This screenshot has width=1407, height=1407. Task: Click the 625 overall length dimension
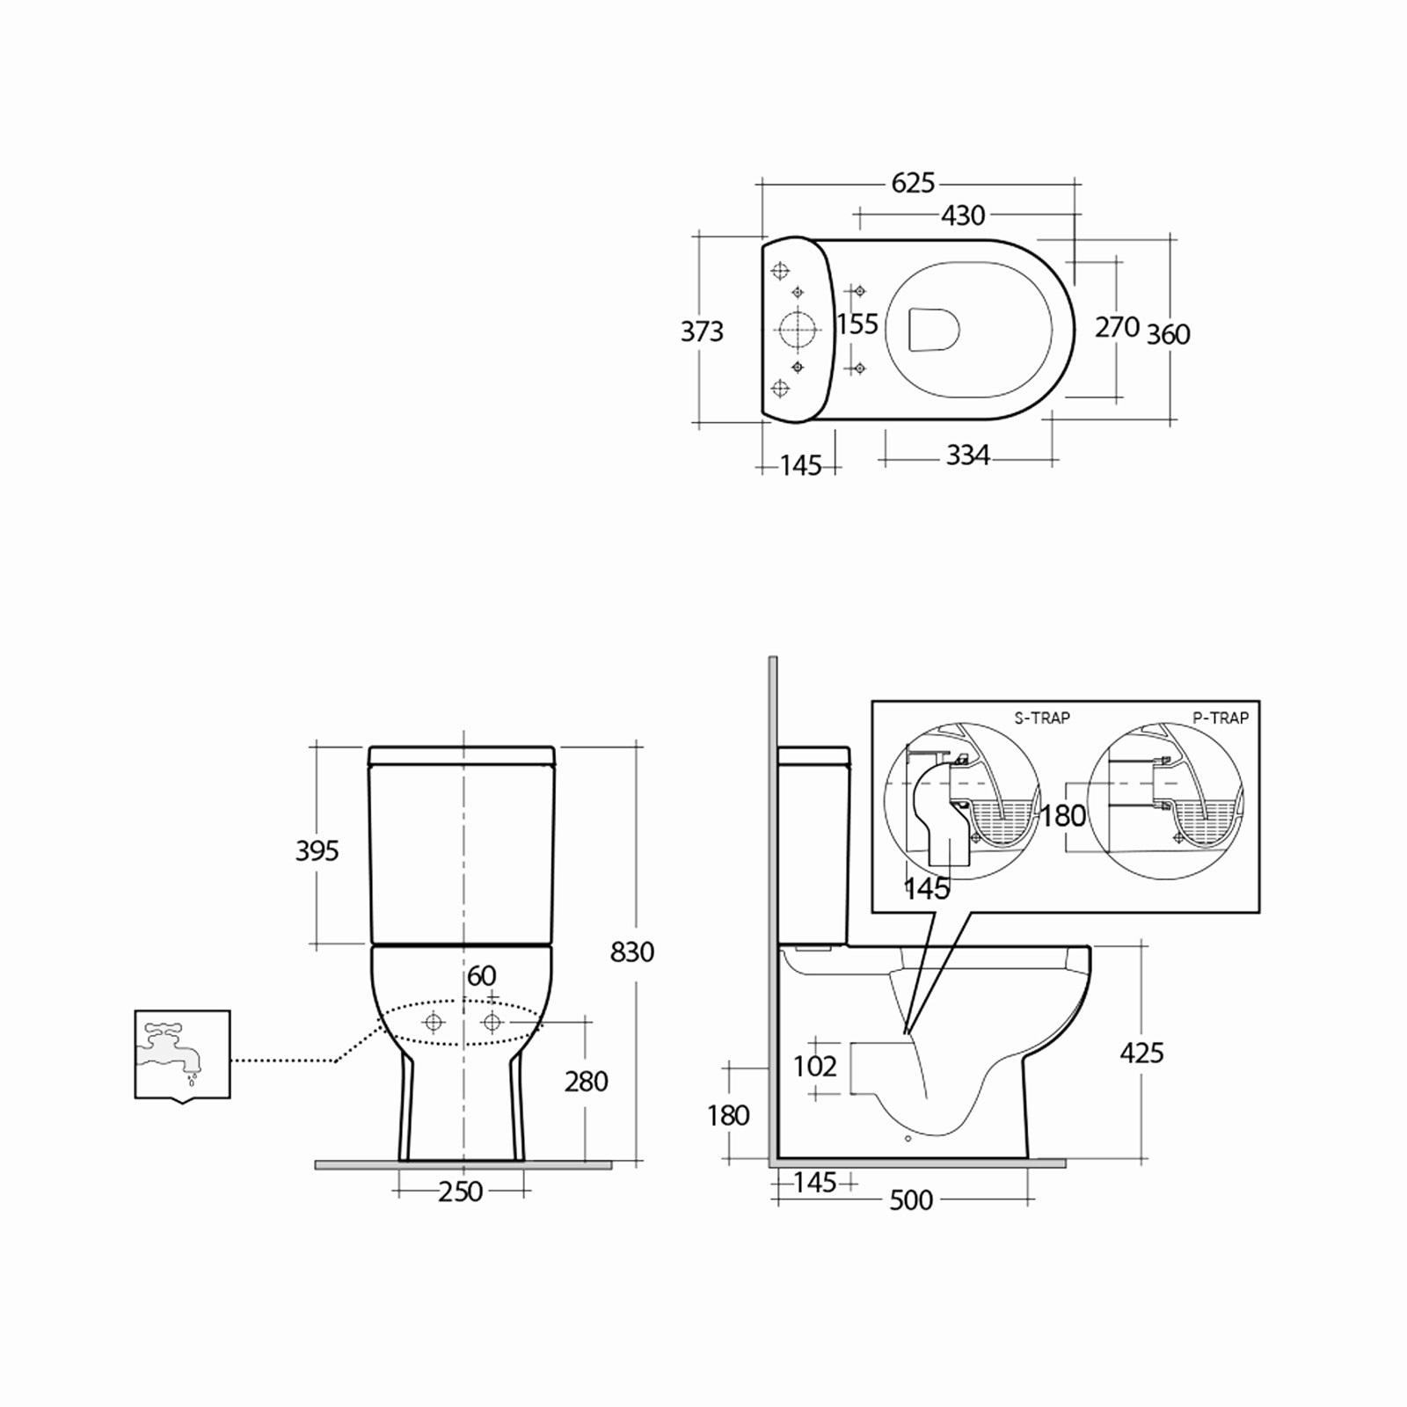point(913,183)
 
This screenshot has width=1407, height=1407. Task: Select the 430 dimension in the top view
point(963,215)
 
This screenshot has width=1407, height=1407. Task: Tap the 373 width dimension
point(702,332)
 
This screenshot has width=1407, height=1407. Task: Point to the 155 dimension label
point(857,324)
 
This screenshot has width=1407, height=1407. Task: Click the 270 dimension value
point(1117,327)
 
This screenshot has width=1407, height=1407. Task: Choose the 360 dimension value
point(1168,334)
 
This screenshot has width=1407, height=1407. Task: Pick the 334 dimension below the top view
point(968,456)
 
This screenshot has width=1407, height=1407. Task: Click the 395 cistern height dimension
point(317,850)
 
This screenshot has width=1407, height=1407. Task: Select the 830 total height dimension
point(632,951)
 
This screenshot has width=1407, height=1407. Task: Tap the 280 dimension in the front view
point(587,1081)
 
